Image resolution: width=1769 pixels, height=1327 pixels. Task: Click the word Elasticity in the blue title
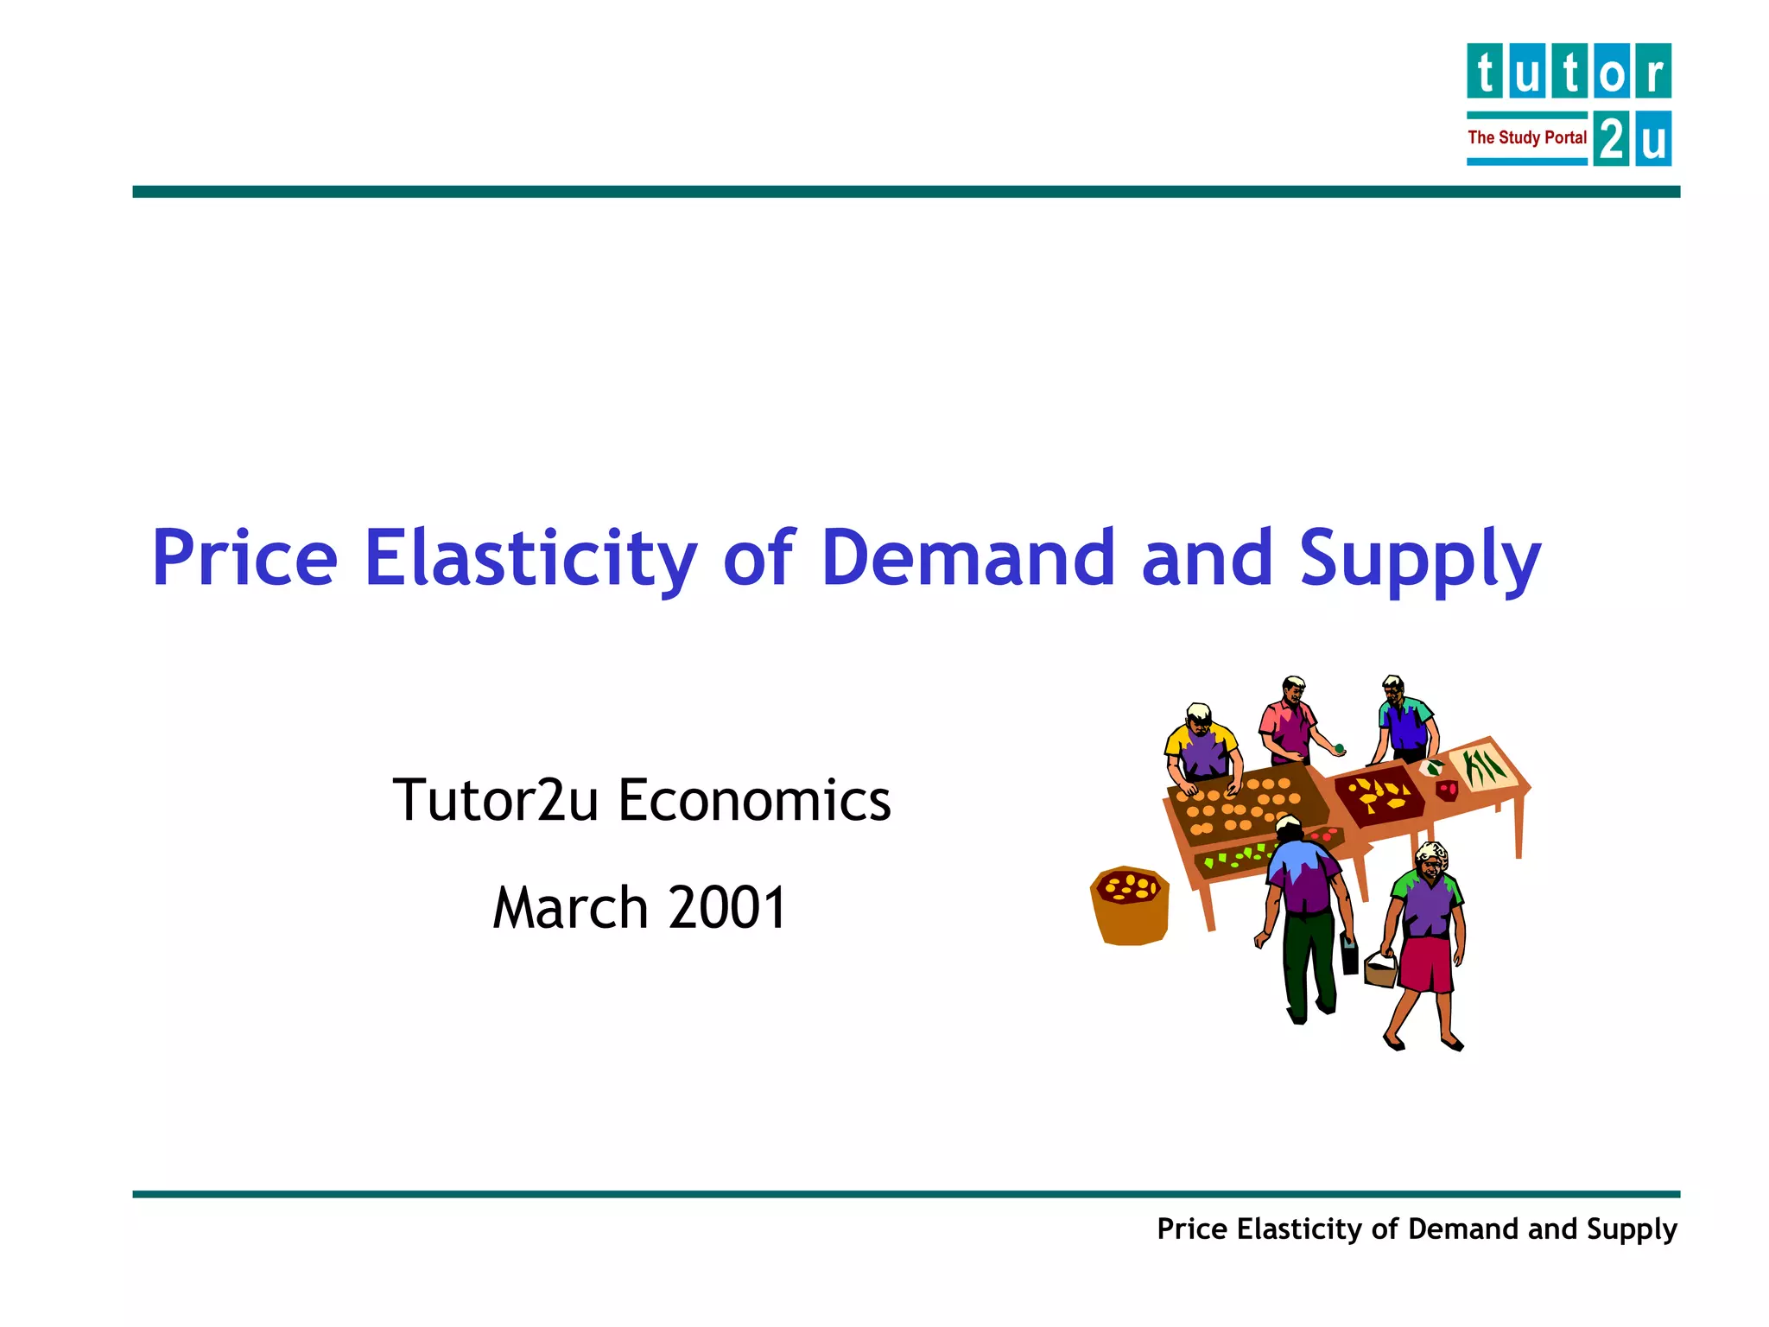pos(530,558)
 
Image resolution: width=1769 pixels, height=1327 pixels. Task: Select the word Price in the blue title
pos(244,558)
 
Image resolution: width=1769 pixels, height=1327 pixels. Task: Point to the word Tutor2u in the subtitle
pos(495,800)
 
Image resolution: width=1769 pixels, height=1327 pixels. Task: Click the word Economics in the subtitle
pos(754,800)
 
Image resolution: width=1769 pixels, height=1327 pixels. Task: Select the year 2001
pos(727,908)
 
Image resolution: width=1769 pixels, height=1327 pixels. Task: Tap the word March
pos(570,908)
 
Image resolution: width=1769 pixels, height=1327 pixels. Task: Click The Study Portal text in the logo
pos(1526,137)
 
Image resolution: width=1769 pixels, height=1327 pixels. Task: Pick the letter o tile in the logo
pos(1612,71)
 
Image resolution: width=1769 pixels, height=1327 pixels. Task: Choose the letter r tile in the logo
pos(1653,71)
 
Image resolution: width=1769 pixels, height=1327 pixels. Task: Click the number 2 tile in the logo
pos(1611,138)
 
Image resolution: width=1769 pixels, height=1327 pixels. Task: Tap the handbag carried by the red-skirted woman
pos(1380,968)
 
